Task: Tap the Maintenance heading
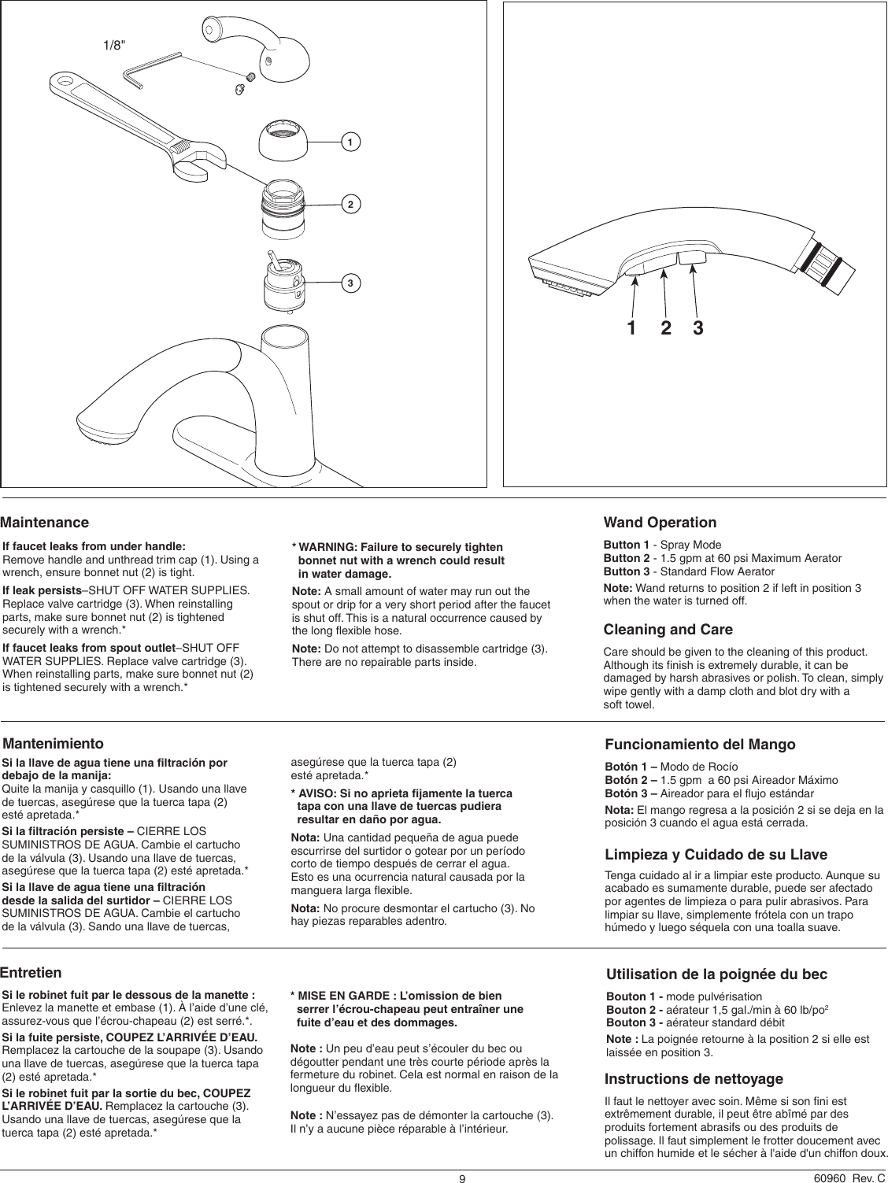click(x=45, y=523)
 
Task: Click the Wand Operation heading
click(x=660, y=523)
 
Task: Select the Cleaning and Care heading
click(x=668, y=630)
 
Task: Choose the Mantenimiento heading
click(x=54, y=743)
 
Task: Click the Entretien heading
click(x=31, y=974)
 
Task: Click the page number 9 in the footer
click(x=464, y=1178)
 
